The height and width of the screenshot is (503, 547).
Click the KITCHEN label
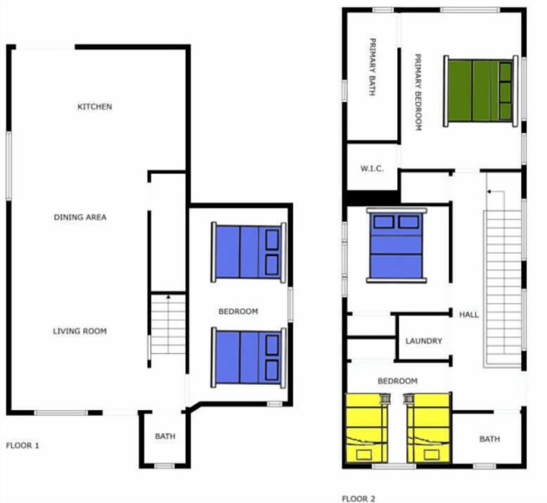(x=95, y=107)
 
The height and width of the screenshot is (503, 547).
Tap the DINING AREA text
(x=80, y=217)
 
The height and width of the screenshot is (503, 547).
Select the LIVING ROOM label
(x=80, y=331)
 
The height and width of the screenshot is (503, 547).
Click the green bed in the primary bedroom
(x=481, y=91)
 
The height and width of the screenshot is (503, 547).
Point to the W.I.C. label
(x=372, y=169)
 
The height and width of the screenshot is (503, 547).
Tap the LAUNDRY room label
(x=423, y=341)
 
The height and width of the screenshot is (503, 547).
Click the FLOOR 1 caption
(x=22, y=445)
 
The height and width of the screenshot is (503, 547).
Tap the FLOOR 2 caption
(x=358, y=499)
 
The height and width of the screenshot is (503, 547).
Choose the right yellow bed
(x=428, y=428)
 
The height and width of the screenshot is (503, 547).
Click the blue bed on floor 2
(x=397, y=245)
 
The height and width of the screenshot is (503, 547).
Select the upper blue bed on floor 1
(x=249, y=252)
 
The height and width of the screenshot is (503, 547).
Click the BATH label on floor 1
(x=165, y=437)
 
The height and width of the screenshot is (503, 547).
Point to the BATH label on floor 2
(x=489, y=439)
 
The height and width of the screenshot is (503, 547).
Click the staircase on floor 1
(x=169, y=324)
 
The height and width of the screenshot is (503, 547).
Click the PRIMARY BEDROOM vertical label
(x=418, y=93)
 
